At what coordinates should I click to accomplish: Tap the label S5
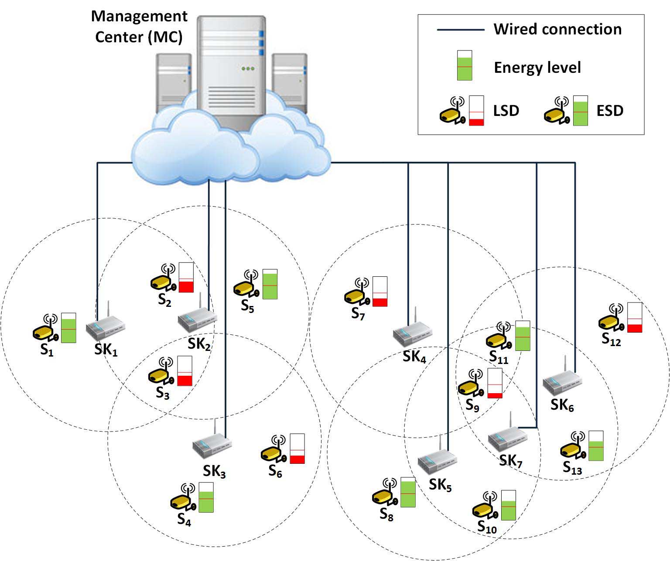tap(247, 306)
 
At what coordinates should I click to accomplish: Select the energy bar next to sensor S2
tap(186, 277)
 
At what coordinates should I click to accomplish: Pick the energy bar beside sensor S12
tap(635, 317)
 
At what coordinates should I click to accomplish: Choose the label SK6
tap(562, 405)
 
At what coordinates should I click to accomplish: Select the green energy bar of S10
tap(509, 505)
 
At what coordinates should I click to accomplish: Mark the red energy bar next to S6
tap(297, 449)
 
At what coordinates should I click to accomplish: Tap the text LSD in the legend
tap(506, 111)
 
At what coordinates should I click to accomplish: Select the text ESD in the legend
tap(610, 111)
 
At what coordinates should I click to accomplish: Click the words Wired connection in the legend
tap(557, 29)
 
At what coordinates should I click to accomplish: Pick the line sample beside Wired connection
tap(461, 30)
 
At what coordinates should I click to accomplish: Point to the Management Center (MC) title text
tap(139, 27)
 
